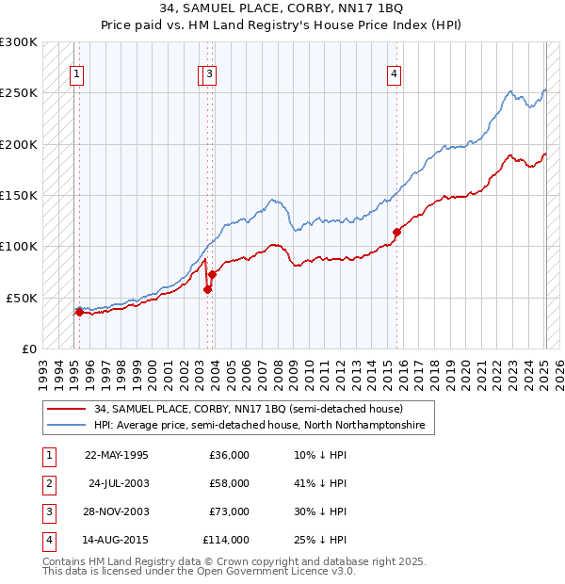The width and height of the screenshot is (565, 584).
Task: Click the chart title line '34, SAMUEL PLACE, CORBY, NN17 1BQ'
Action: [x=283, y=8]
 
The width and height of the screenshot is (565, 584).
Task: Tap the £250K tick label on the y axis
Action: [x=19, y=93]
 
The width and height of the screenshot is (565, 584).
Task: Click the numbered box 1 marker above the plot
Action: [x=76, y=75]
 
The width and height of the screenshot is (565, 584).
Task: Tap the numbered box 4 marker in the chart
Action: [x=395, y=75]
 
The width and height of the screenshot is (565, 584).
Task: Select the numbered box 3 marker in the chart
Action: [x=210, y=75]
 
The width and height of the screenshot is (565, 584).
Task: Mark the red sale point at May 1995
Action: [x=79, y=312]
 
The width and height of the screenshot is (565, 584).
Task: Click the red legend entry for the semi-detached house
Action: [x=248, y=409]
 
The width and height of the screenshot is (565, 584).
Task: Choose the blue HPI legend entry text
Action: [x=259, y=426]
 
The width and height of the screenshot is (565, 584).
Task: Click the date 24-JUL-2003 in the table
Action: [x=118, y=483]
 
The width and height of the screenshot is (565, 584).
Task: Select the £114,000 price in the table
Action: [x=226, y=540]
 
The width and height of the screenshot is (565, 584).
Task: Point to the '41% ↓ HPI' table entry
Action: [x=315, y=483]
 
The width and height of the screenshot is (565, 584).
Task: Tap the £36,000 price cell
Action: [x=229, y=455]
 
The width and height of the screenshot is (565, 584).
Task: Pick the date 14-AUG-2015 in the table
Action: [x=118, y=540]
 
